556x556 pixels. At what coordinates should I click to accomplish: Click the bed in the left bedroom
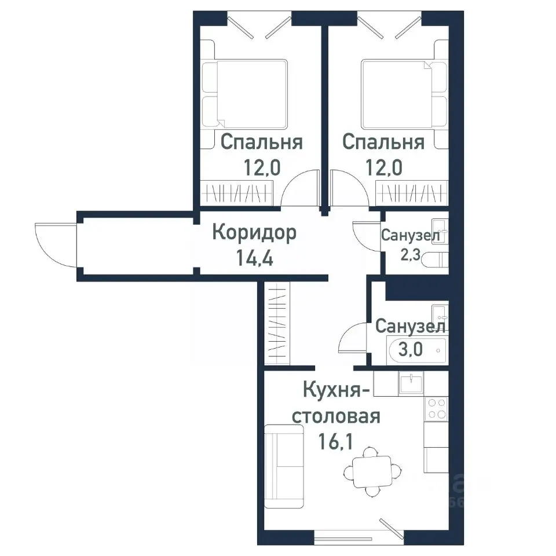pyautogui.click(x=245, y=94)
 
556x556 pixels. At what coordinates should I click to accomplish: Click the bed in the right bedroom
pyautogui.click(x=404, y=94)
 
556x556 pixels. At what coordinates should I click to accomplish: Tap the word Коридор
pyautogui.click(x=254, y=233)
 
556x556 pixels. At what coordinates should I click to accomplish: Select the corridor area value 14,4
pyautogui.click(x=254, y=256)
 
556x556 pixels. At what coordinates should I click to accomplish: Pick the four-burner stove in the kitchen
pyautogui.click(x=436, y=409)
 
